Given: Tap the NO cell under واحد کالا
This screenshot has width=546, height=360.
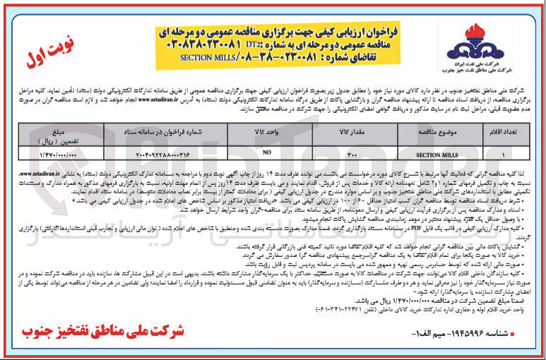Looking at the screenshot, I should coord(265,152).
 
